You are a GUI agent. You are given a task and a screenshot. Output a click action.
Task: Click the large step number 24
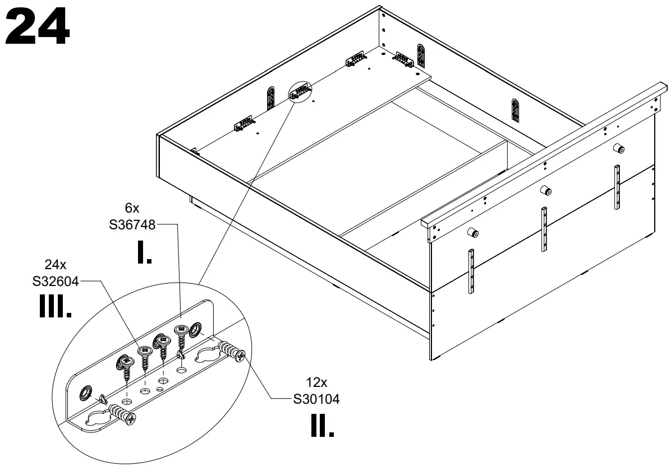38,26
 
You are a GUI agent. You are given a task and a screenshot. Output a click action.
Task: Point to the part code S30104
316,399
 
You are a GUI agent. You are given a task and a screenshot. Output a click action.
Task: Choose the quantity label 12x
316,382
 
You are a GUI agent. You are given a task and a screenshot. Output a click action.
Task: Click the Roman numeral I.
144,253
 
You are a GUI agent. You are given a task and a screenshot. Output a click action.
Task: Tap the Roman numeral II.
322,426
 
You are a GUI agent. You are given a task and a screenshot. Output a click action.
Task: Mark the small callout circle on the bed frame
301,91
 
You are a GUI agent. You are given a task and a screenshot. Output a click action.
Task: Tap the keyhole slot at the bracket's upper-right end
210,354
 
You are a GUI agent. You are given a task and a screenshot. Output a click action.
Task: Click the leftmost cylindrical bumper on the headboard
474,233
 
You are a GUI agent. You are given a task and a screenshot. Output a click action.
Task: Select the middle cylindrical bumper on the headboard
545,190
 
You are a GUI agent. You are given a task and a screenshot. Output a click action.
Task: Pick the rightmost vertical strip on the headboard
617,187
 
